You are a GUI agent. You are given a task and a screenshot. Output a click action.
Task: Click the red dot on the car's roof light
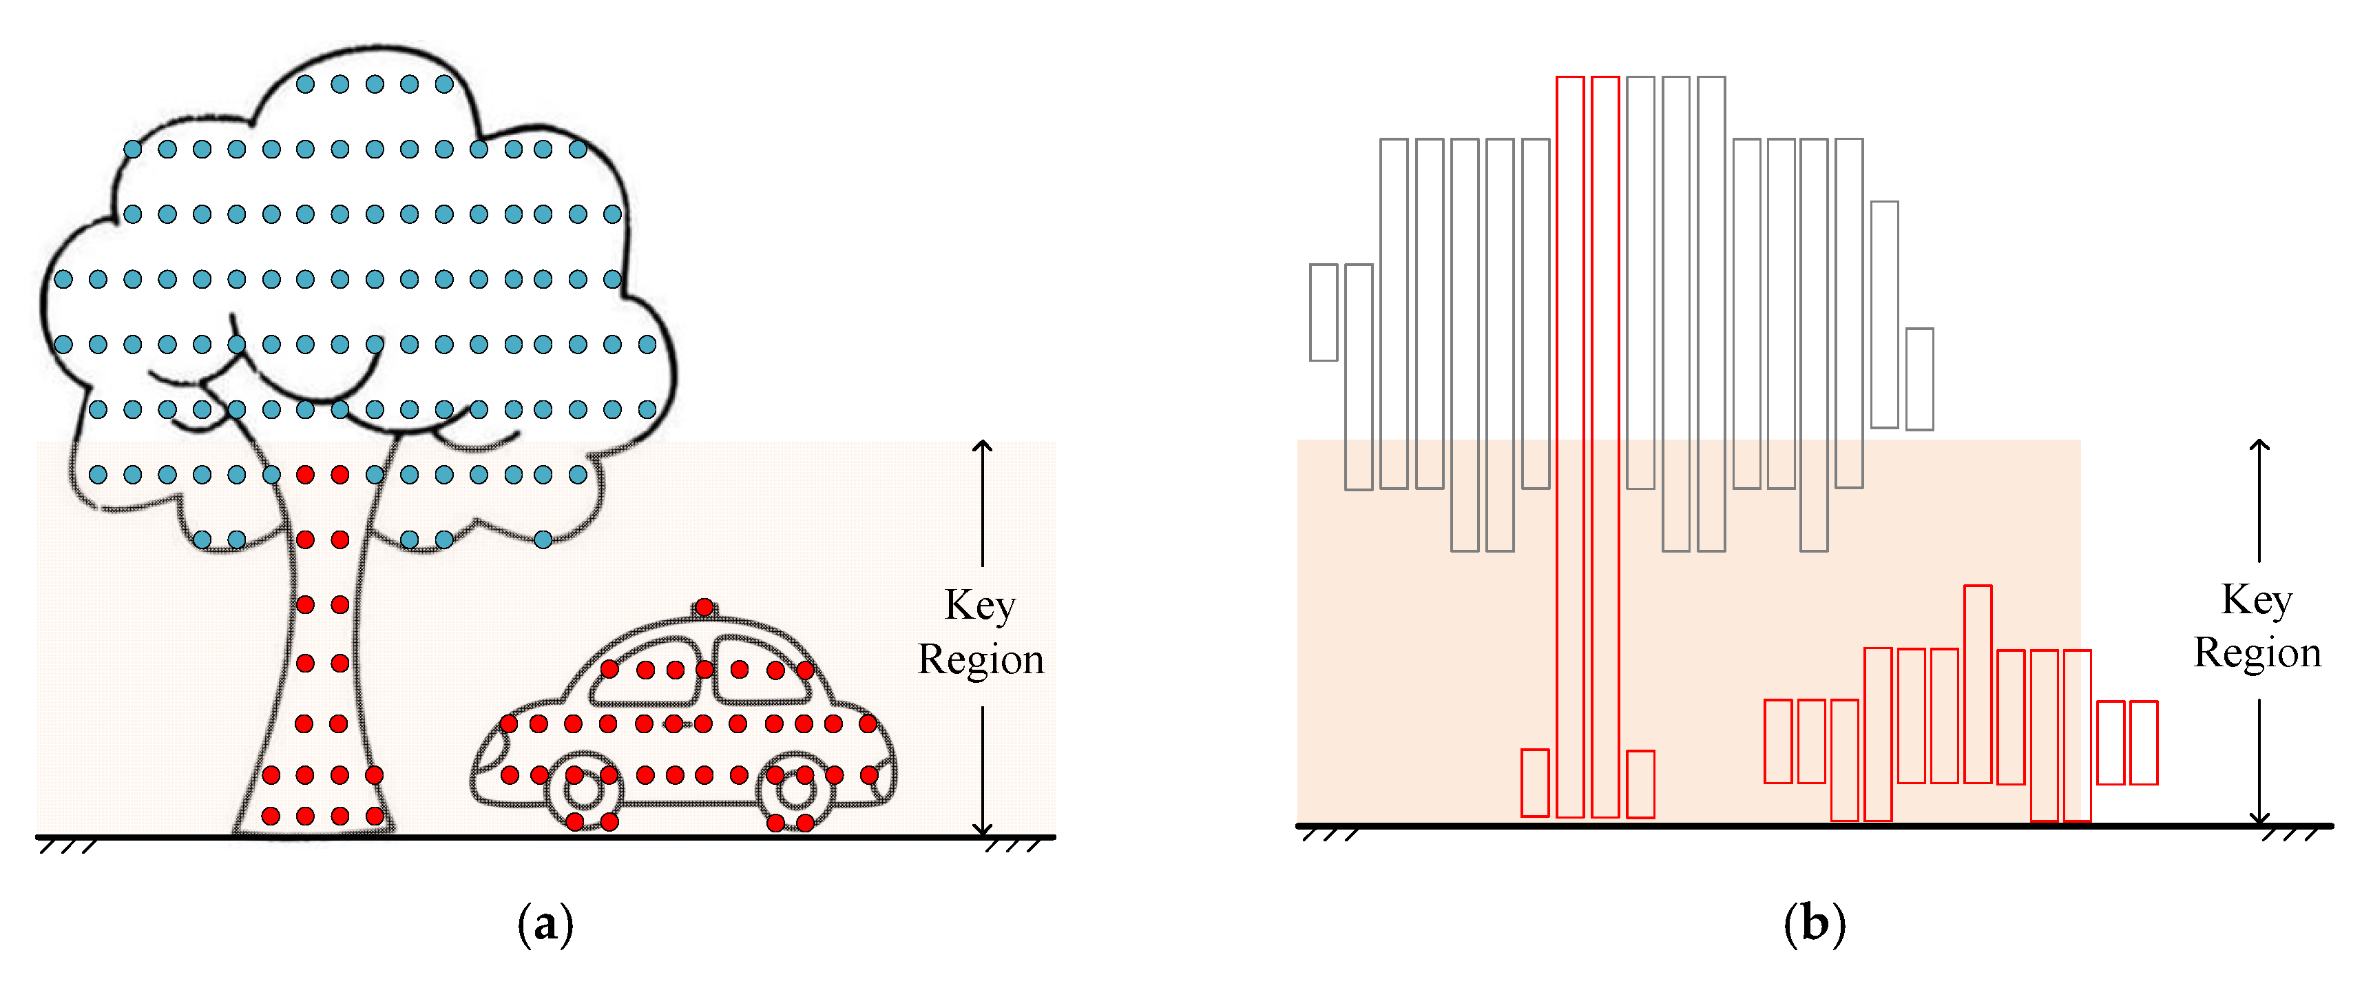[704, 607]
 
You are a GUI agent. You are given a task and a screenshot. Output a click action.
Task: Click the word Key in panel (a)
[980, 606]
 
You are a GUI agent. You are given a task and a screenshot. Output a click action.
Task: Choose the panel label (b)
[1814, 923]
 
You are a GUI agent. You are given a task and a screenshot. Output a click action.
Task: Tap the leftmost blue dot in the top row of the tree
[305, 84]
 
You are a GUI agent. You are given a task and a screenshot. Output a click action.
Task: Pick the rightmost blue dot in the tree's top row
[443, 84]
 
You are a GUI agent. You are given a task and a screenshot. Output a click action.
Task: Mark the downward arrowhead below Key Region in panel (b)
[2259, 817]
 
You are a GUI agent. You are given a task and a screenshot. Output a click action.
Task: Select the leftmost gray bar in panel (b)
[1323, 312]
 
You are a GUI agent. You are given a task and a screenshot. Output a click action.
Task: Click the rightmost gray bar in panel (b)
[1919, 379]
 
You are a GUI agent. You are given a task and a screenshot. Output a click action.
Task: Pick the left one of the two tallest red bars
[1570, 446]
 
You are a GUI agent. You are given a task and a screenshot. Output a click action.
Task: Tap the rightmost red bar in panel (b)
[2144, 742]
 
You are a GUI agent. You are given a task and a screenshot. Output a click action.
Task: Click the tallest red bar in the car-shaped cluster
[1978, 684]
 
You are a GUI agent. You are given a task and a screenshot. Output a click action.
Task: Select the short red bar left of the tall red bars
[1535, 782]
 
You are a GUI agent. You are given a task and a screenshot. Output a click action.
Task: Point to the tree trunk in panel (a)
[321, 688]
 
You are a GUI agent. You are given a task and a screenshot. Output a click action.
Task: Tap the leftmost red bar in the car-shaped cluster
[1778, 741]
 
